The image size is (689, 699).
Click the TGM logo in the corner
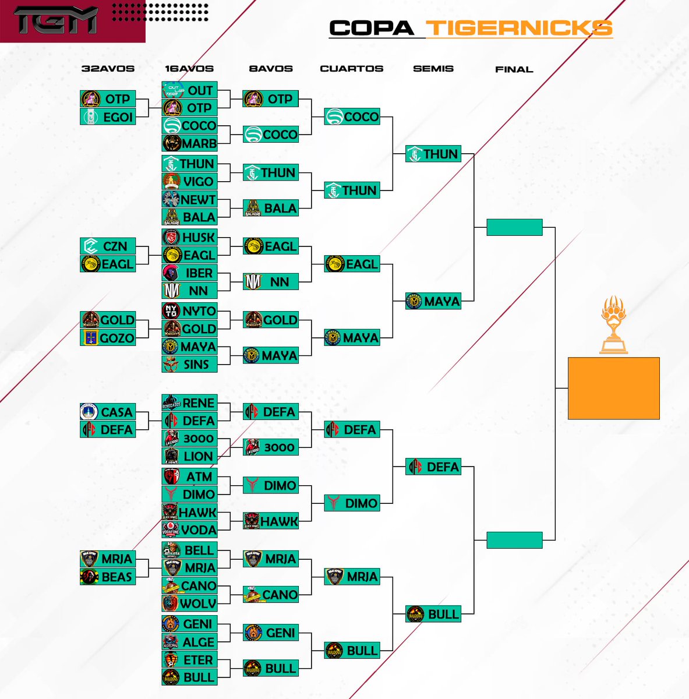click(55, 20)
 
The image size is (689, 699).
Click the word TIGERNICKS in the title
click(518, 28)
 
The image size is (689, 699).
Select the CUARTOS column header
click(351, 69)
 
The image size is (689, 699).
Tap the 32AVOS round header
click(108, 69)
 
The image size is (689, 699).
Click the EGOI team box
click(108, 116)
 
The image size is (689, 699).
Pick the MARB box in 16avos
click(189, 143)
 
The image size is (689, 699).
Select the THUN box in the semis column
click(433, 154)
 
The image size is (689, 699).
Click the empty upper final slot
click(514, 227)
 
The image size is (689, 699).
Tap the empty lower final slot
click(514, 540)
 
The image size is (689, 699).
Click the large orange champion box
click(613, 388)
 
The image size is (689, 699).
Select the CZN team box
click(108, 246)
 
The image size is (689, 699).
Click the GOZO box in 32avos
click(108, 337)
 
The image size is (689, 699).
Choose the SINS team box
click(189, 364)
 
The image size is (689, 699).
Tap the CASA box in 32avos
click(108, 412)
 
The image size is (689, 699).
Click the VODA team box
click(189, 530)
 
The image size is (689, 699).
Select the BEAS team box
click(108, 577)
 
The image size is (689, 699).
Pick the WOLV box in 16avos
click(189, 603)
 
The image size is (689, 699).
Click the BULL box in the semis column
click(433, 614)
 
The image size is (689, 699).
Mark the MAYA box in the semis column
click(433, 301)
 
